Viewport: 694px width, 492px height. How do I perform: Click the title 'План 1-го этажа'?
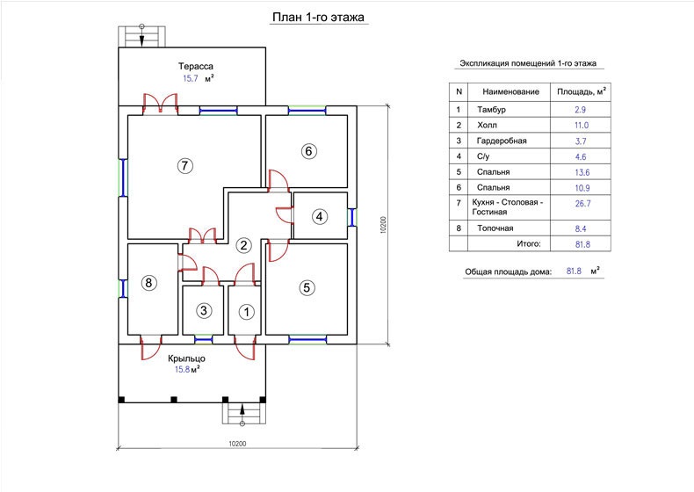pos(318,18)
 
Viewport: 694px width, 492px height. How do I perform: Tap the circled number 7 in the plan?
pos(185,166)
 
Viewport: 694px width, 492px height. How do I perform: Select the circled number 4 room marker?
pos(320,216)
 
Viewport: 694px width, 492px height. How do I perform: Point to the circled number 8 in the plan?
pos(148,283)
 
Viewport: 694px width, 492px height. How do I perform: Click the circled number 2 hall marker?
pos(243,245)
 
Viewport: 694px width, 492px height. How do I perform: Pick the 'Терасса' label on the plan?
pos(196,67)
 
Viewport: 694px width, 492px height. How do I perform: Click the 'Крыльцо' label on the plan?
pos(186,358)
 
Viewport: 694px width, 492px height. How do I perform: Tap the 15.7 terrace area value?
pos(191,78)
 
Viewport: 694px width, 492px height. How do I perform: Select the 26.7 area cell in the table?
pos(582,203)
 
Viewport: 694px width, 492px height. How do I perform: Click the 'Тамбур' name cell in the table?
pos(491,110)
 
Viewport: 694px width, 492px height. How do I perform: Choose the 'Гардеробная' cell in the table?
pos(502,141)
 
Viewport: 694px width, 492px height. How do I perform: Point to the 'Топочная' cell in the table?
pos(495,228)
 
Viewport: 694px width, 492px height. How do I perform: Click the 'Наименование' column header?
pos(510,91)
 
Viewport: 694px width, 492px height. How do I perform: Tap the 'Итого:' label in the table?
pos(529,243)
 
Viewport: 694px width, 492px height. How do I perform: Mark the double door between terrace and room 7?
pos(160,103)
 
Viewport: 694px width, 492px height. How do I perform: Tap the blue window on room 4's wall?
pos(352,217)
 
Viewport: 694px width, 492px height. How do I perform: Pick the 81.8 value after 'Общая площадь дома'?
pos(574,271)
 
